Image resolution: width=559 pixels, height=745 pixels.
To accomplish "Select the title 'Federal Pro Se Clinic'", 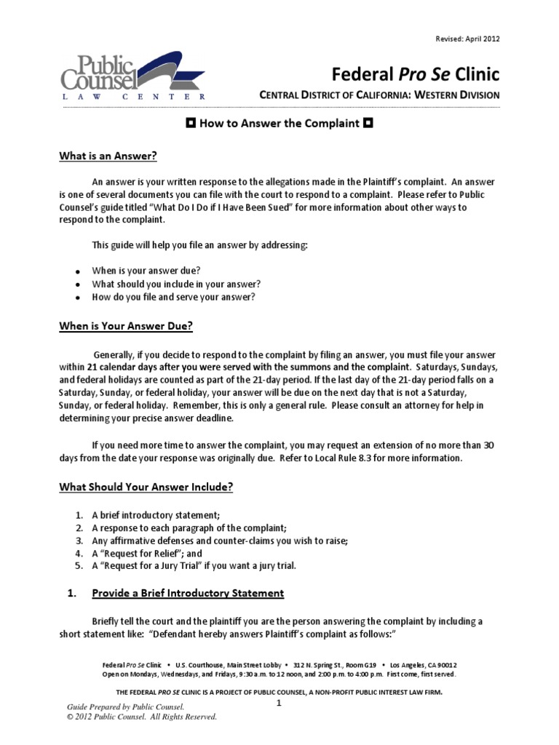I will click(x=416, y=73).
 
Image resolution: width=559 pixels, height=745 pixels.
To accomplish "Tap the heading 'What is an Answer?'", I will click(x=108, y=156).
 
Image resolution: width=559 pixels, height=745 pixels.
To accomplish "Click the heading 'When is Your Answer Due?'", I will click(x=125, y=327).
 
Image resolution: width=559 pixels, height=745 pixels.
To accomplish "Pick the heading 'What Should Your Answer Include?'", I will click(x=146, y=487).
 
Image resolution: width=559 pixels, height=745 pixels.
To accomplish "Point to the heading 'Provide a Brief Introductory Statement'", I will click(x=188, y=593).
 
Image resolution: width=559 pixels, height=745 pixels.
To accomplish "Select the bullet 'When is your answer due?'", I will click(x=146, y=270).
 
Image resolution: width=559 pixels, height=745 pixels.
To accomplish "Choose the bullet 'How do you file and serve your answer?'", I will click(x=173, y=297).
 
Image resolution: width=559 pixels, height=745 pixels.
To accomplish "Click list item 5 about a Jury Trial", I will click(x=194, y=566).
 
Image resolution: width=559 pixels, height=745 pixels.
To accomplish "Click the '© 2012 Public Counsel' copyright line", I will click(x=142, y=717).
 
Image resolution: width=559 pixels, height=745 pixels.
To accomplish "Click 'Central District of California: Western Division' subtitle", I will click(x=380, y=95).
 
